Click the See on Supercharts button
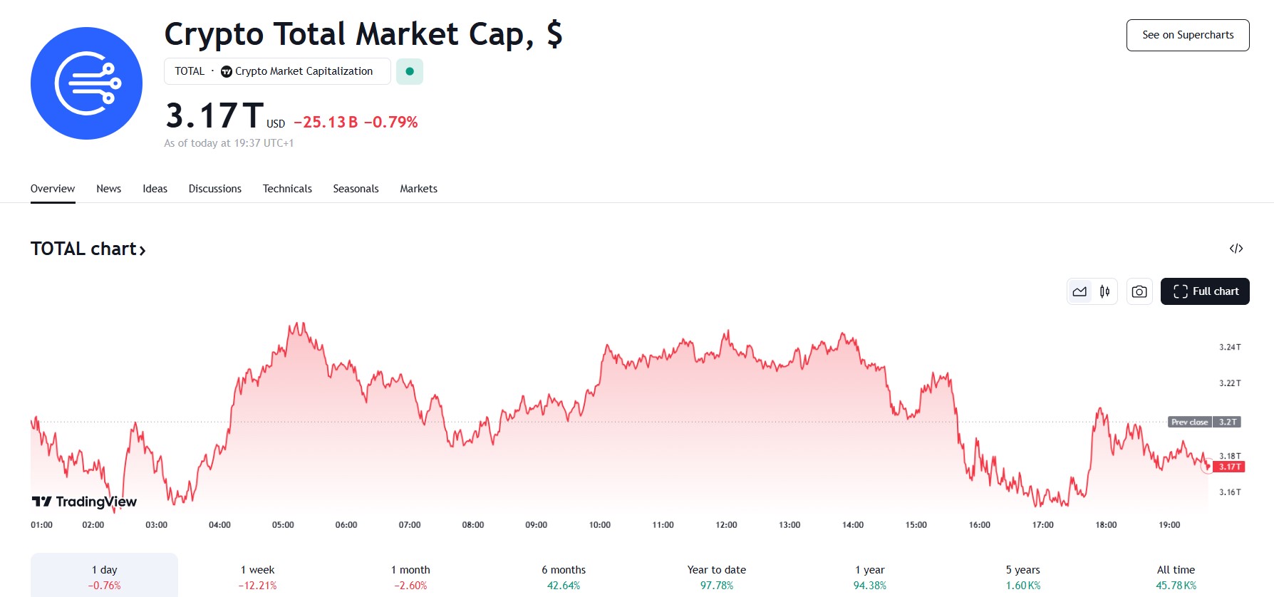[1188, 35]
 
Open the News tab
[108, 189]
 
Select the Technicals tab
[287, 189]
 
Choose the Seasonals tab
[356, 189]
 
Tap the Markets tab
[418, 189]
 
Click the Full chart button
[1205, 291]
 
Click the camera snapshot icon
[1139, 291]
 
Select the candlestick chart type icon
[1104, 291]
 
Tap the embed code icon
[1236, 249]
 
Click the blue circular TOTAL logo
[86, 83]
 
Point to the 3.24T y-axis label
[1230, 348]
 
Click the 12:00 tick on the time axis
[726, 525]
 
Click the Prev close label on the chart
[1190, 422]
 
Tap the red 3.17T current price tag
[1229, 467]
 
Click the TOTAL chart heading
[88, 249]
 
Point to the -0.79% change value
[390, 123]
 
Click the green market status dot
[410, 71]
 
